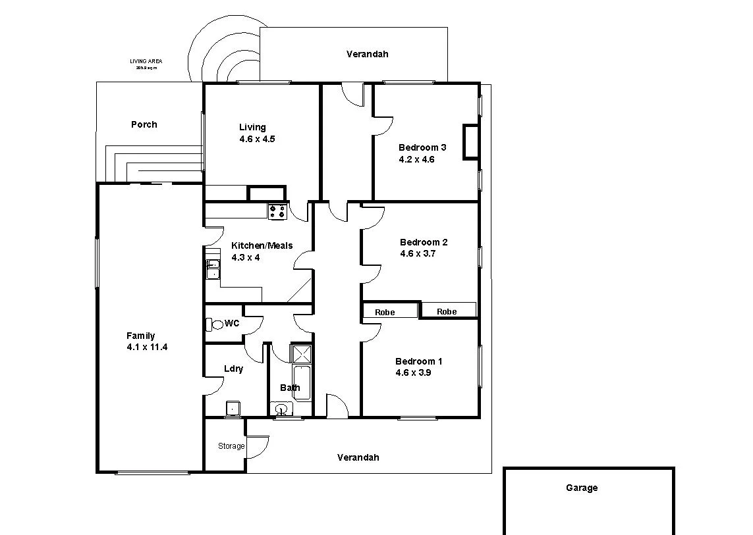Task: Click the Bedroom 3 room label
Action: pos(422,147)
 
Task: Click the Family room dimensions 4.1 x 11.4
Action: pos(147,347)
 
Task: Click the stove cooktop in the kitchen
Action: pos(277,211)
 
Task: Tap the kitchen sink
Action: pos(213,270)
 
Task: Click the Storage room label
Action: pos(231,446)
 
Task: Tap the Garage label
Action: pos(582,488)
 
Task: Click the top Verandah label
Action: pos(367,54)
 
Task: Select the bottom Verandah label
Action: pos(358,457)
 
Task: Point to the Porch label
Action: pos(144,124)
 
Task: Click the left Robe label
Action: pos(385,312)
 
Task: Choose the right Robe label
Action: pos(447,311)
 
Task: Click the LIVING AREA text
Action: pos(146,62)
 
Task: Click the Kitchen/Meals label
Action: pos(262,245)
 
